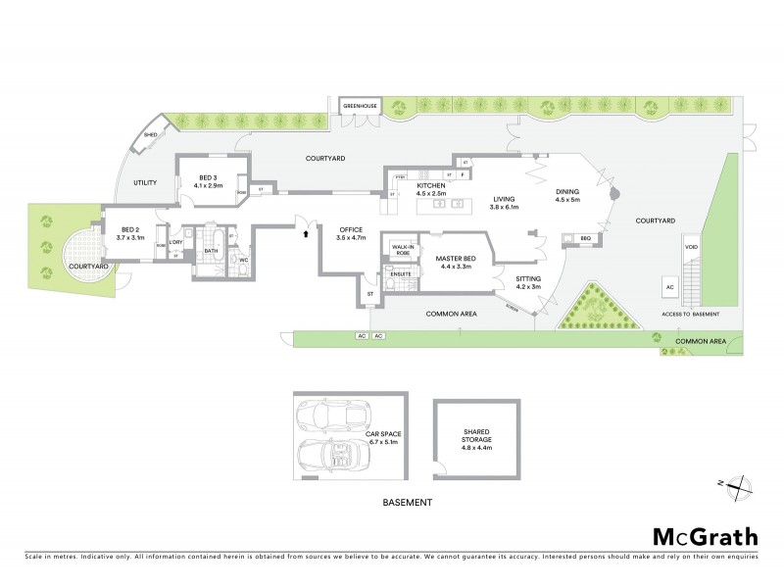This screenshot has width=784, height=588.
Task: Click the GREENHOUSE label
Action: (x=359, y=106)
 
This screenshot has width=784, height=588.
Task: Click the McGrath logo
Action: (x=705, y=536)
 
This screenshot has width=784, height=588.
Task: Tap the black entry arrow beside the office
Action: (x=306, y=234)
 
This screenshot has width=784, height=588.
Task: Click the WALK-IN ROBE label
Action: (x=401, y=250)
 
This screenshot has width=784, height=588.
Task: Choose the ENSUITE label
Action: (x=401, y=273)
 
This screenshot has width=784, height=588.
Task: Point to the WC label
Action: (x=243, y=260)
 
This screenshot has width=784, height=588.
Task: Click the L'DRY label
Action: (x=177, y=242)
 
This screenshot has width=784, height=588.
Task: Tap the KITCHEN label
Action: (x=431, y=185)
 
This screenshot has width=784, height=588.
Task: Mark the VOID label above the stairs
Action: (x=691, y=247)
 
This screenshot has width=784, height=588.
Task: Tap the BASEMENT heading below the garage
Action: (x=406, y=503)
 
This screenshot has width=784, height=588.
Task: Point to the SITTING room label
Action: (x=529, y=279)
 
